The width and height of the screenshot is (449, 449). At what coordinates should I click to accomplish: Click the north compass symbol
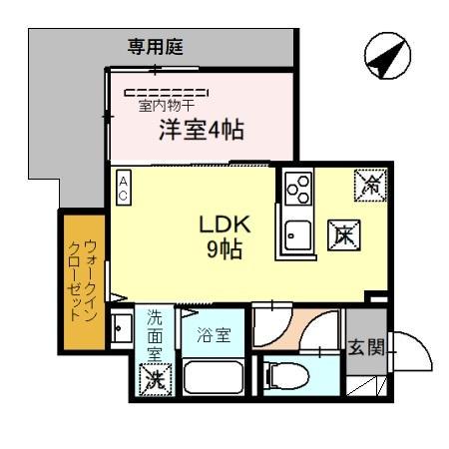coord(386,58)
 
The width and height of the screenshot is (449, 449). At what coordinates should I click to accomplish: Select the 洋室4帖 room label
coord(203,130)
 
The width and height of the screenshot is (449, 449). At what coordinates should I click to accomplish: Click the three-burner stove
coord(298,188)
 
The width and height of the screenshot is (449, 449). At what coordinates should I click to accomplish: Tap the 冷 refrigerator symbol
coord(370,183)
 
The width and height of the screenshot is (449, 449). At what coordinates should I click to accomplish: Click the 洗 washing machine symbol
coord(155,379)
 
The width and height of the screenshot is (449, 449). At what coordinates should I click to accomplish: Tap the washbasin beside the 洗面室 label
coord(121,328)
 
